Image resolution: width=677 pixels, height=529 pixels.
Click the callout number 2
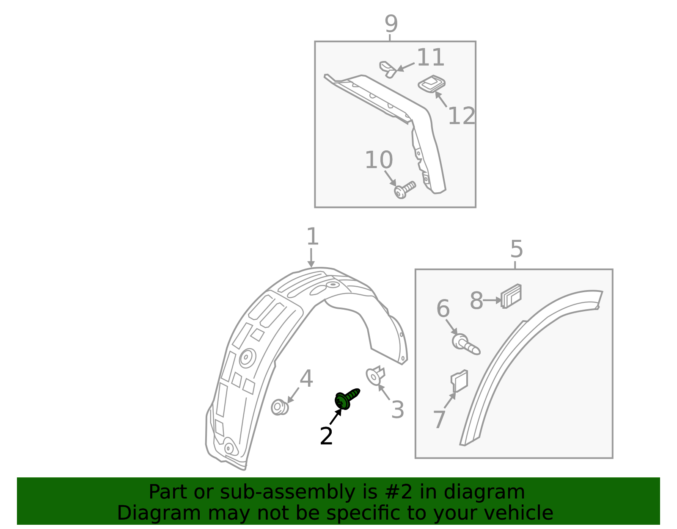326,436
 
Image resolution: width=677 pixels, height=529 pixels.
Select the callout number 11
430,57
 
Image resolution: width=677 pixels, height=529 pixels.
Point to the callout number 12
461,116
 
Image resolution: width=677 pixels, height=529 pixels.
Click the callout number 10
379,160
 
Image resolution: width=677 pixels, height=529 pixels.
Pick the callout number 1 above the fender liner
313,236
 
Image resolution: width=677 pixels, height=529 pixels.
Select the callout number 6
443,308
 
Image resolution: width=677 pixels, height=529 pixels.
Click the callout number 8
476,301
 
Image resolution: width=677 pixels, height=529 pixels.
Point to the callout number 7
439,419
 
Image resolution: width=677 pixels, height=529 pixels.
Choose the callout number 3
397,410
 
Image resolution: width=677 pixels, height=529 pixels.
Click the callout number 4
306,379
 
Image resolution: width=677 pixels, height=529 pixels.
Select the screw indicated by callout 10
405,190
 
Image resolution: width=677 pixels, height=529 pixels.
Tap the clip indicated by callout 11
388,69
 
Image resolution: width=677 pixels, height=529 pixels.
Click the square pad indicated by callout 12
432,84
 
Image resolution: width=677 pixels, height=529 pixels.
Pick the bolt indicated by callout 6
466,344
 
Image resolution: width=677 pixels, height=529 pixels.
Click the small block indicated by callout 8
511,296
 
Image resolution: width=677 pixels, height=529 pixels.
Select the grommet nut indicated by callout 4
279,407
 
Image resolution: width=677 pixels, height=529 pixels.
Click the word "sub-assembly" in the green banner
287,492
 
